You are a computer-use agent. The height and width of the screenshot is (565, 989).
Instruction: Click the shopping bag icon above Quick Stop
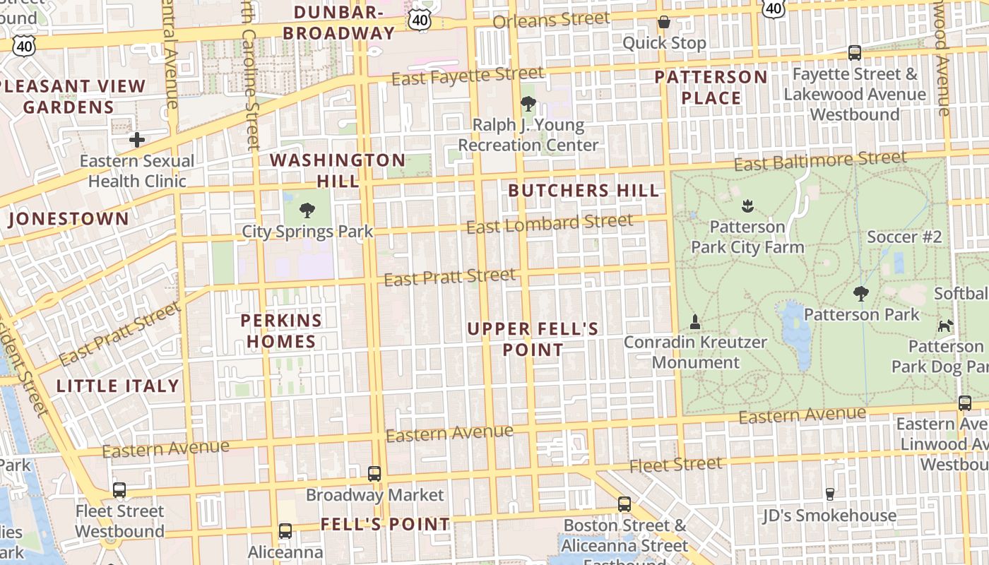click(663, 22)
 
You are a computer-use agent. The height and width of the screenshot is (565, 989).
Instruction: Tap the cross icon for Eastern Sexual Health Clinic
click(137, 140)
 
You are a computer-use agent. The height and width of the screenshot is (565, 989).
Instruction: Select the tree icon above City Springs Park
click(307, 210)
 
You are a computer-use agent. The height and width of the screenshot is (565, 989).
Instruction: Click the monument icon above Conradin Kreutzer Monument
click(695, 322)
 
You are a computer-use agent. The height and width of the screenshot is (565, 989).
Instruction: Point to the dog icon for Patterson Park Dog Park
click(945, 326)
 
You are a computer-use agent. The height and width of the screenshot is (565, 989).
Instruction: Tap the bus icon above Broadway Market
click(374, 473)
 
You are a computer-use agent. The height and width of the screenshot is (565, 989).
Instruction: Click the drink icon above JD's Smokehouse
click(829, 494)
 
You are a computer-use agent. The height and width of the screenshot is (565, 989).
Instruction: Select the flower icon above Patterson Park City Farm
click(747, 206)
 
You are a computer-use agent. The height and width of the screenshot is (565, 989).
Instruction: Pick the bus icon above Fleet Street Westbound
click(119, 489)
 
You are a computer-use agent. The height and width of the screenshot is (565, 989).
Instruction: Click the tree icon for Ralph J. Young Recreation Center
click(528, 105)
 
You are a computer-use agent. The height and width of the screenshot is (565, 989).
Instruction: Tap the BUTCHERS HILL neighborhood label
click(584, 191)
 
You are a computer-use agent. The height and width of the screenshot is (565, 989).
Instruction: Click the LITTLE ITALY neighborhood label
click(118, 386)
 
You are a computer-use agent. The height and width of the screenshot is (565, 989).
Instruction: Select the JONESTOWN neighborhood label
click(69, 219)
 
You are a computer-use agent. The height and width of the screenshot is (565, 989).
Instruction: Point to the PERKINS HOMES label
click(281, 331)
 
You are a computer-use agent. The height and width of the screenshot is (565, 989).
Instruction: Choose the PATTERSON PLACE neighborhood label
click(711, 87)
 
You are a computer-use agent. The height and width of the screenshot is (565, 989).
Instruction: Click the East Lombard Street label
click(550, 225)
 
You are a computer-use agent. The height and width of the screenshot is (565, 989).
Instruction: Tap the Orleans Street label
click(551, 20)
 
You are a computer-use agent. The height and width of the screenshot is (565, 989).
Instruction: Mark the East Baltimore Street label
click(819, 161)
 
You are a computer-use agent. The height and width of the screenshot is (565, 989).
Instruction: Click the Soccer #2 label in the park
click(904, 237)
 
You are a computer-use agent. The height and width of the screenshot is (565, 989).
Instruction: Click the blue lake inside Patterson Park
click(797, 332)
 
